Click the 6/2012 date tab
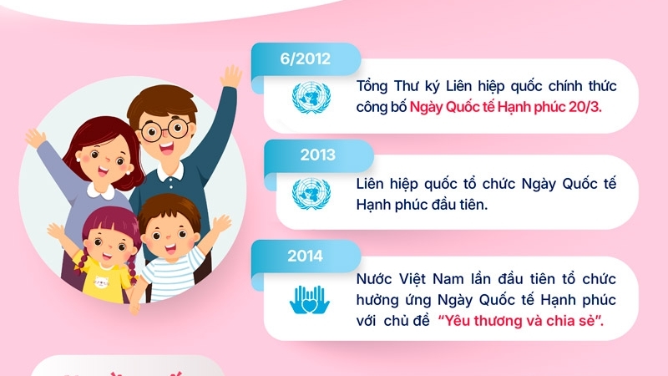pyautogui.click(x=306, y=58)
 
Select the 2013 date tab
pyautogui.click(x=317, y=155)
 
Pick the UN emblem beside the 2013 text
pyautogui.click(x=311, y=194)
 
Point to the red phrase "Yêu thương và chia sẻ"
pyautogui.click(x=520, y=322)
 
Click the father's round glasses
pyautogui.click(x=164, y=130)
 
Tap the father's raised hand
pyautogui.click(x=231, y=79)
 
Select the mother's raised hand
pyautogui.click(x=35, y=138)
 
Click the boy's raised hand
pyautogui.click(x=220, y=225)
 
